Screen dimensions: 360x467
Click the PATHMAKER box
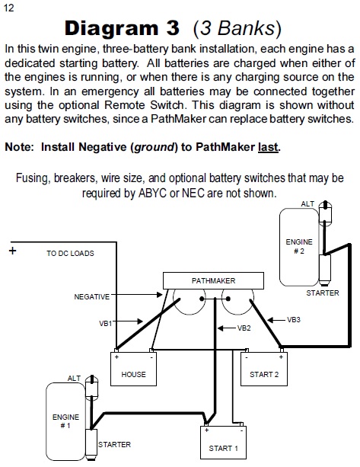click(x=213, y=280)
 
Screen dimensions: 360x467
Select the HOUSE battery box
click(x=134, y=369)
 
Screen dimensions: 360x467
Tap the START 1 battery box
click(x=224, y=443)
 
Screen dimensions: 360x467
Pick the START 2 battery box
click(x=264, y=369)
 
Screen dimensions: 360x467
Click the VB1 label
click(x=105, y=323)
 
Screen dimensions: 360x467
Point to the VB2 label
click(x=244, y=328)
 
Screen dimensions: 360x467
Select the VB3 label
click(x=294, y=320)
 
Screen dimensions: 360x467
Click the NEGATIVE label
click(x=92, y=296)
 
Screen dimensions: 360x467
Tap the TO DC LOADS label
click(x=70, y=253)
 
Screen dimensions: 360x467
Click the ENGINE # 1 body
click(x=65, y=421)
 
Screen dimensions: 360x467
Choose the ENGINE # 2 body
click(x=299, y=247)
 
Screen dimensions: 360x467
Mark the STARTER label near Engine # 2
click(x=323, y=293)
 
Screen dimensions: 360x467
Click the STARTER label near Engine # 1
click(x=114, y=444)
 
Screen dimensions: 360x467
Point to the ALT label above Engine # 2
click(x=307, y=204)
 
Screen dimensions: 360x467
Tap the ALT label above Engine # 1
click(x=74, y=378)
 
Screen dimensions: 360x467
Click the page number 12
click(x=8, y=8)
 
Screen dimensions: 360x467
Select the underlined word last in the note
click(x=268, y=147)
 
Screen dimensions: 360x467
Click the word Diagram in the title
click(x=111, y=29)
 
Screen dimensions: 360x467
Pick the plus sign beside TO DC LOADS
click(x=12, y=251)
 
